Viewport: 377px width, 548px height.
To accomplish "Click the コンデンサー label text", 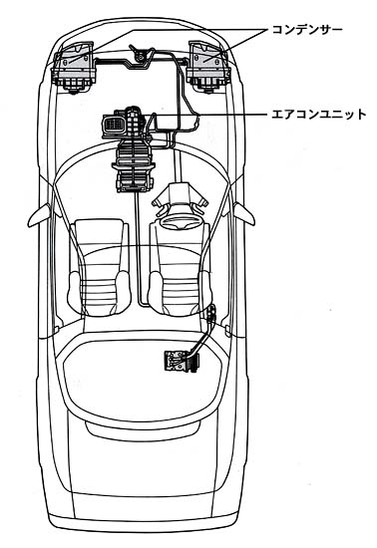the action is point(307,30).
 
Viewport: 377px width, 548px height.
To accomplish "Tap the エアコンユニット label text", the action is point(319,115).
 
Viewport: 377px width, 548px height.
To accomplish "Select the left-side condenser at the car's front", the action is point(74,68).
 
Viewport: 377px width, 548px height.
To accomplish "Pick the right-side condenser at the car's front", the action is point(208,67).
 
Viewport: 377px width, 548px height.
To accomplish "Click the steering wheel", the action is point(181,223).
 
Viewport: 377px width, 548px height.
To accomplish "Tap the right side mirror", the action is point(243,214).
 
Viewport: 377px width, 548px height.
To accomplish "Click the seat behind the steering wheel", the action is point(180,267).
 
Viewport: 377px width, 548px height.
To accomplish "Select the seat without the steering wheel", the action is point(99,266).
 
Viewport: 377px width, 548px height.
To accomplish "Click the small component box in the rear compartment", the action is point(182,361).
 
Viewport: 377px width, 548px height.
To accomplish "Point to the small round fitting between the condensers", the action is point(141,56).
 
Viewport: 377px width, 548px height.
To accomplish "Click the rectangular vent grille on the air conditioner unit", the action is point(113,125).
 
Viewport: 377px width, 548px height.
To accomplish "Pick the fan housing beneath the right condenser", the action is point(208,85).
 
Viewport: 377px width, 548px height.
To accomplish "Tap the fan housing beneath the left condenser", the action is point(74,85).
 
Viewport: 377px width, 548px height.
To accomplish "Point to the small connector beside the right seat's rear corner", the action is point(211,313).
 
